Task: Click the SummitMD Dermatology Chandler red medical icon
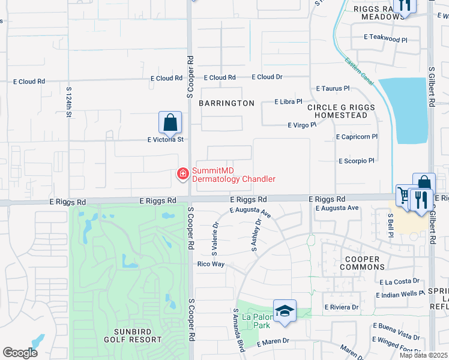[x=181, y=174]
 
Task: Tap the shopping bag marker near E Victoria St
[x=170, y=122]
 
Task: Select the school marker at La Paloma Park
[x=285, y=311]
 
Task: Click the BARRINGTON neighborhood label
[x=227, y=103]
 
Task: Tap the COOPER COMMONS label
[x=363, y=263]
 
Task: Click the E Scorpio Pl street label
[x=356, y=161]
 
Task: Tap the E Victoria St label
[x=165, y=139]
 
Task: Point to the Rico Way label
[x=211, y=264]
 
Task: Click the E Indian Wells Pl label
[x=400, y=295]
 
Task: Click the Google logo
[x=20, y=353]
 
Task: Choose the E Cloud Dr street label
[x=267, y=77]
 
